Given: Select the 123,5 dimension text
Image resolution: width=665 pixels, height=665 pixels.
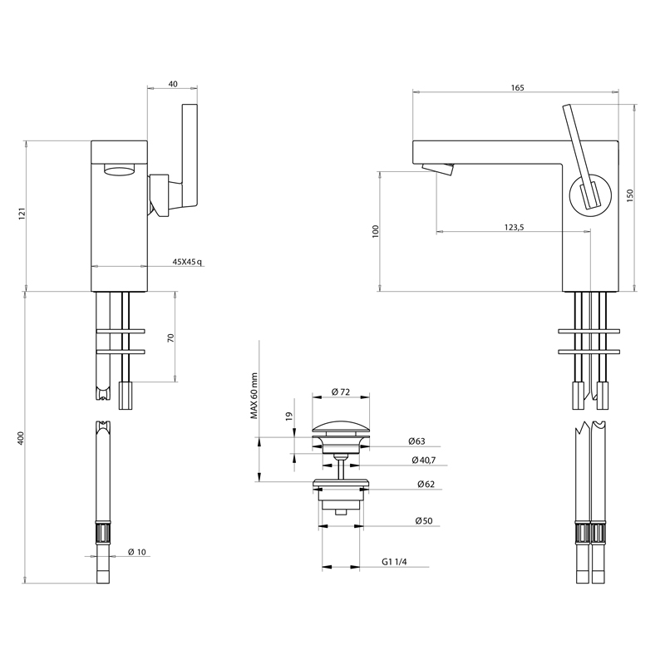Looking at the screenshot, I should coord(513,226).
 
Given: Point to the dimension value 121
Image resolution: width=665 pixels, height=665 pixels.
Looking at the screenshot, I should coord(22,214).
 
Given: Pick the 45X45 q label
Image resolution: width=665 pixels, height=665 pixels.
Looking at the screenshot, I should coord(187,262).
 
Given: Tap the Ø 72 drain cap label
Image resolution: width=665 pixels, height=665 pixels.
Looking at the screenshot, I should coord(340,392).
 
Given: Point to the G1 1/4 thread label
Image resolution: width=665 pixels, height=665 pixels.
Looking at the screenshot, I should coord(394,563).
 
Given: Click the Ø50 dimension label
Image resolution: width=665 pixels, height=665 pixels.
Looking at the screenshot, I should coord(424,521).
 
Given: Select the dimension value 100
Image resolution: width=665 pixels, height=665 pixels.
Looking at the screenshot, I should coord(376,231).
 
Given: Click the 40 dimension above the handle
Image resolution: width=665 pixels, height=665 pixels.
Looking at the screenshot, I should coord(173,83).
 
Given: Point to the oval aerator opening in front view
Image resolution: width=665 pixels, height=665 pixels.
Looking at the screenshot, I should coord(120,172).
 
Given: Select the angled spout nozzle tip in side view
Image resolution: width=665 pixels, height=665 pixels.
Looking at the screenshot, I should coord(438,170).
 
